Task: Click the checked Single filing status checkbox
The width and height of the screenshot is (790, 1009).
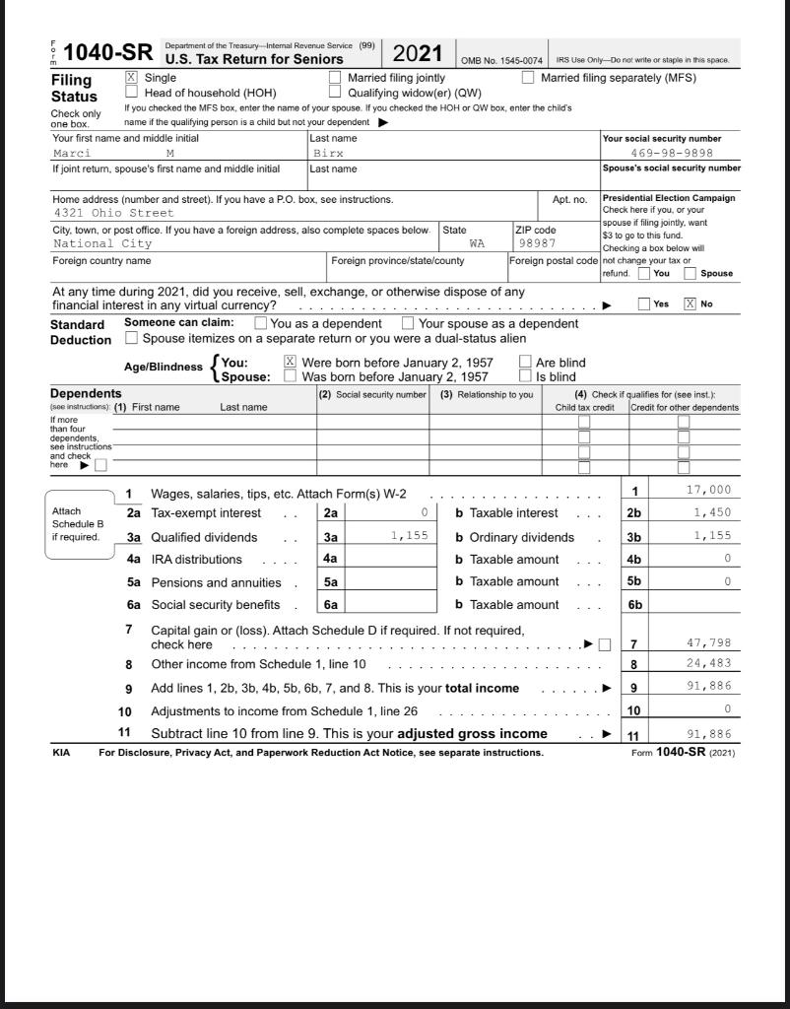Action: click(132, 78)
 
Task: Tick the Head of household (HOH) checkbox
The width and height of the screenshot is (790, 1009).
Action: click(132, 93)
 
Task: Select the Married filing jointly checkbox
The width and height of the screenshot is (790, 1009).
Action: click(335, 78)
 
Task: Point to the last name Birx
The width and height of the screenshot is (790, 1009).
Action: click(329, 154)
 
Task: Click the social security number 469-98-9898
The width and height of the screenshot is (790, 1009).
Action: click(672, 154)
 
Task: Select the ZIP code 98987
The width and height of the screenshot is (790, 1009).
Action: click(537, 243)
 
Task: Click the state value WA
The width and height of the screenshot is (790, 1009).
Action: click(477, 243)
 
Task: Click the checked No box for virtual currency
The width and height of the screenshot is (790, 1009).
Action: click(690, 304)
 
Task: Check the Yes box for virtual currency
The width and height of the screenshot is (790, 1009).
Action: click(644, 304)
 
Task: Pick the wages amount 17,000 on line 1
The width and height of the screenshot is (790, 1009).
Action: click(707, 491)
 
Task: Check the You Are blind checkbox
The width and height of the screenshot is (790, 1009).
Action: click(525, 362)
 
